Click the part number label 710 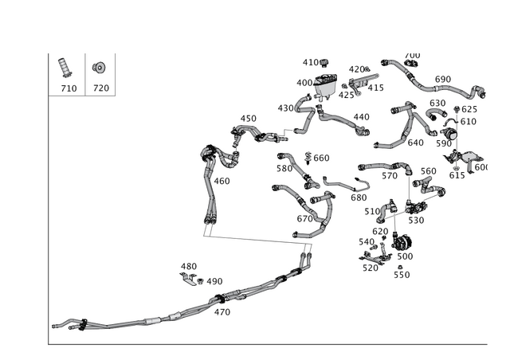(69, 88)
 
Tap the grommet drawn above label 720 (99, 68)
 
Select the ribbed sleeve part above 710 (65, 68)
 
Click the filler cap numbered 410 (324, 62)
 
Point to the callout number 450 (248, 119)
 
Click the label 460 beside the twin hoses (222, 181)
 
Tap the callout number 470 (222, 312)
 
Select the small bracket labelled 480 (188, 279)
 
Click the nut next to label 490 (200, 281)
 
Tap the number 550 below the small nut (402, 275)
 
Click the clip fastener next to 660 (308, 158)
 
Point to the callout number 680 (359, 198)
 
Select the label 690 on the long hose (443, 80)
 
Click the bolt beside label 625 (457, 108)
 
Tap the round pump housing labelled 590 (449, 133)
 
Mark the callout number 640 (415, 143)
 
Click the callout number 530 (416, 221)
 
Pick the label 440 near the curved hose (361, 117)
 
